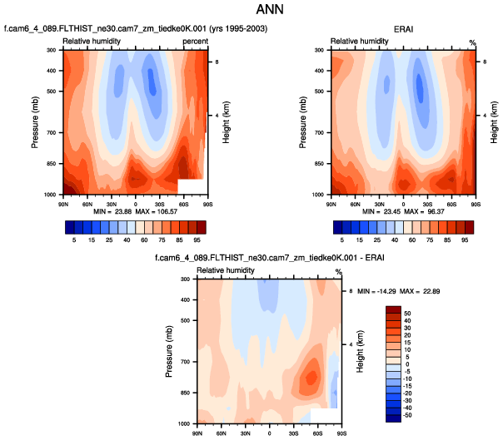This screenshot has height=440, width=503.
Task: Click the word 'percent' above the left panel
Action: (194, 41)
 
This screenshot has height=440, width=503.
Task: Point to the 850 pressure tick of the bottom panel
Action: (185, 393)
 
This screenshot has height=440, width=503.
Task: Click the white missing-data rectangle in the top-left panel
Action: (191, 185)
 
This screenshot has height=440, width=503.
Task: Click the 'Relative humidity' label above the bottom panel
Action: (226, 270)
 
